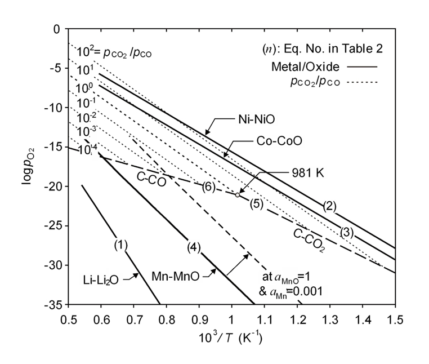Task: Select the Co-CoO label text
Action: coord(276,141)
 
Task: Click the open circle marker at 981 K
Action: coord(237,195)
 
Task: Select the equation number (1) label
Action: coord(121,245)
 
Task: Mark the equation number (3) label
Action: coord(347,232)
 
